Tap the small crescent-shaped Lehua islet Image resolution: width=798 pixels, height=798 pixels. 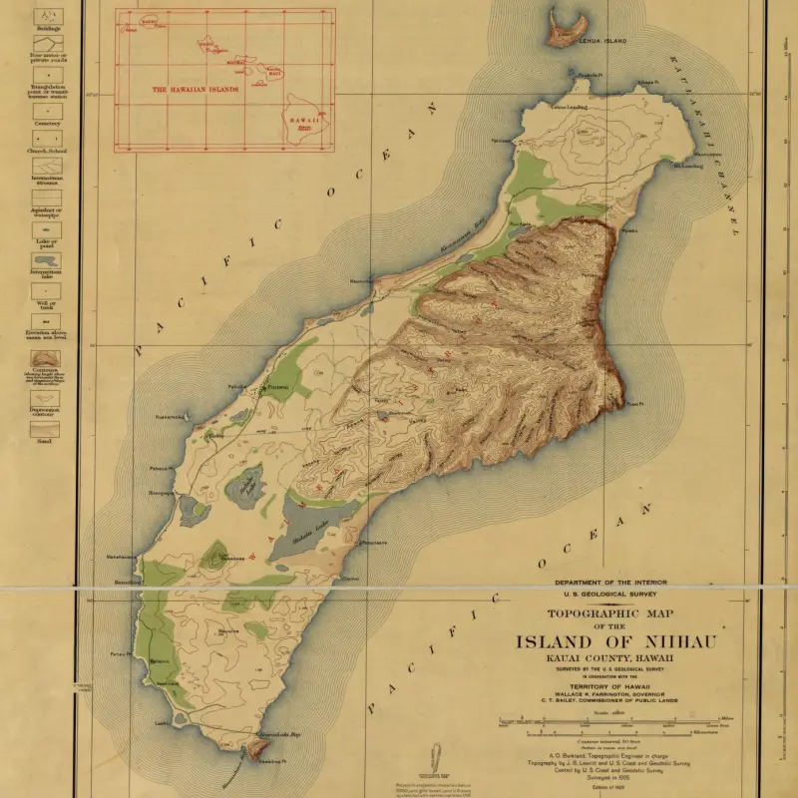point(564,28)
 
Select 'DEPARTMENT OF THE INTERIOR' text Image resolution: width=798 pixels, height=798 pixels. point(611,582)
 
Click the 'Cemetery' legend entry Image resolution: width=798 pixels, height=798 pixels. point(44,124)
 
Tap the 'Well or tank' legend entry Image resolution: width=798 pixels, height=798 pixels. point(44,303)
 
